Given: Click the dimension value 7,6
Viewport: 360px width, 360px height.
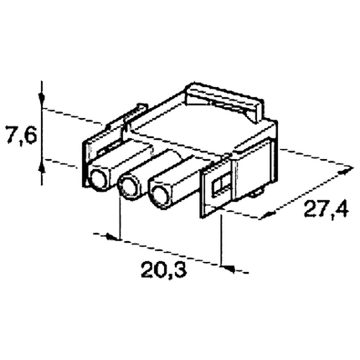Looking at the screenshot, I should (x=19, y=134).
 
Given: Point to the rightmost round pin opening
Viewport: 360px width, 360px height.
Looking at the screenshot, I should (x=158, y=197).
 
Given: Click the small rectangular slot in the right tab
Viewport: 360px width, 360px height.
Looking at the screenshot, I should (x=220, y=185).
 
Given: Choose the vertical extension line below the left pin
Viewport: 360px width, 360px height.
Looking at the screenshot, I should (x=121, y=220).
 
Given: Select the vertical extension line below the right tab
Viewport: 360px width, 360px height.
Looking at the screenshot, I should (x=222, y=243).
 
